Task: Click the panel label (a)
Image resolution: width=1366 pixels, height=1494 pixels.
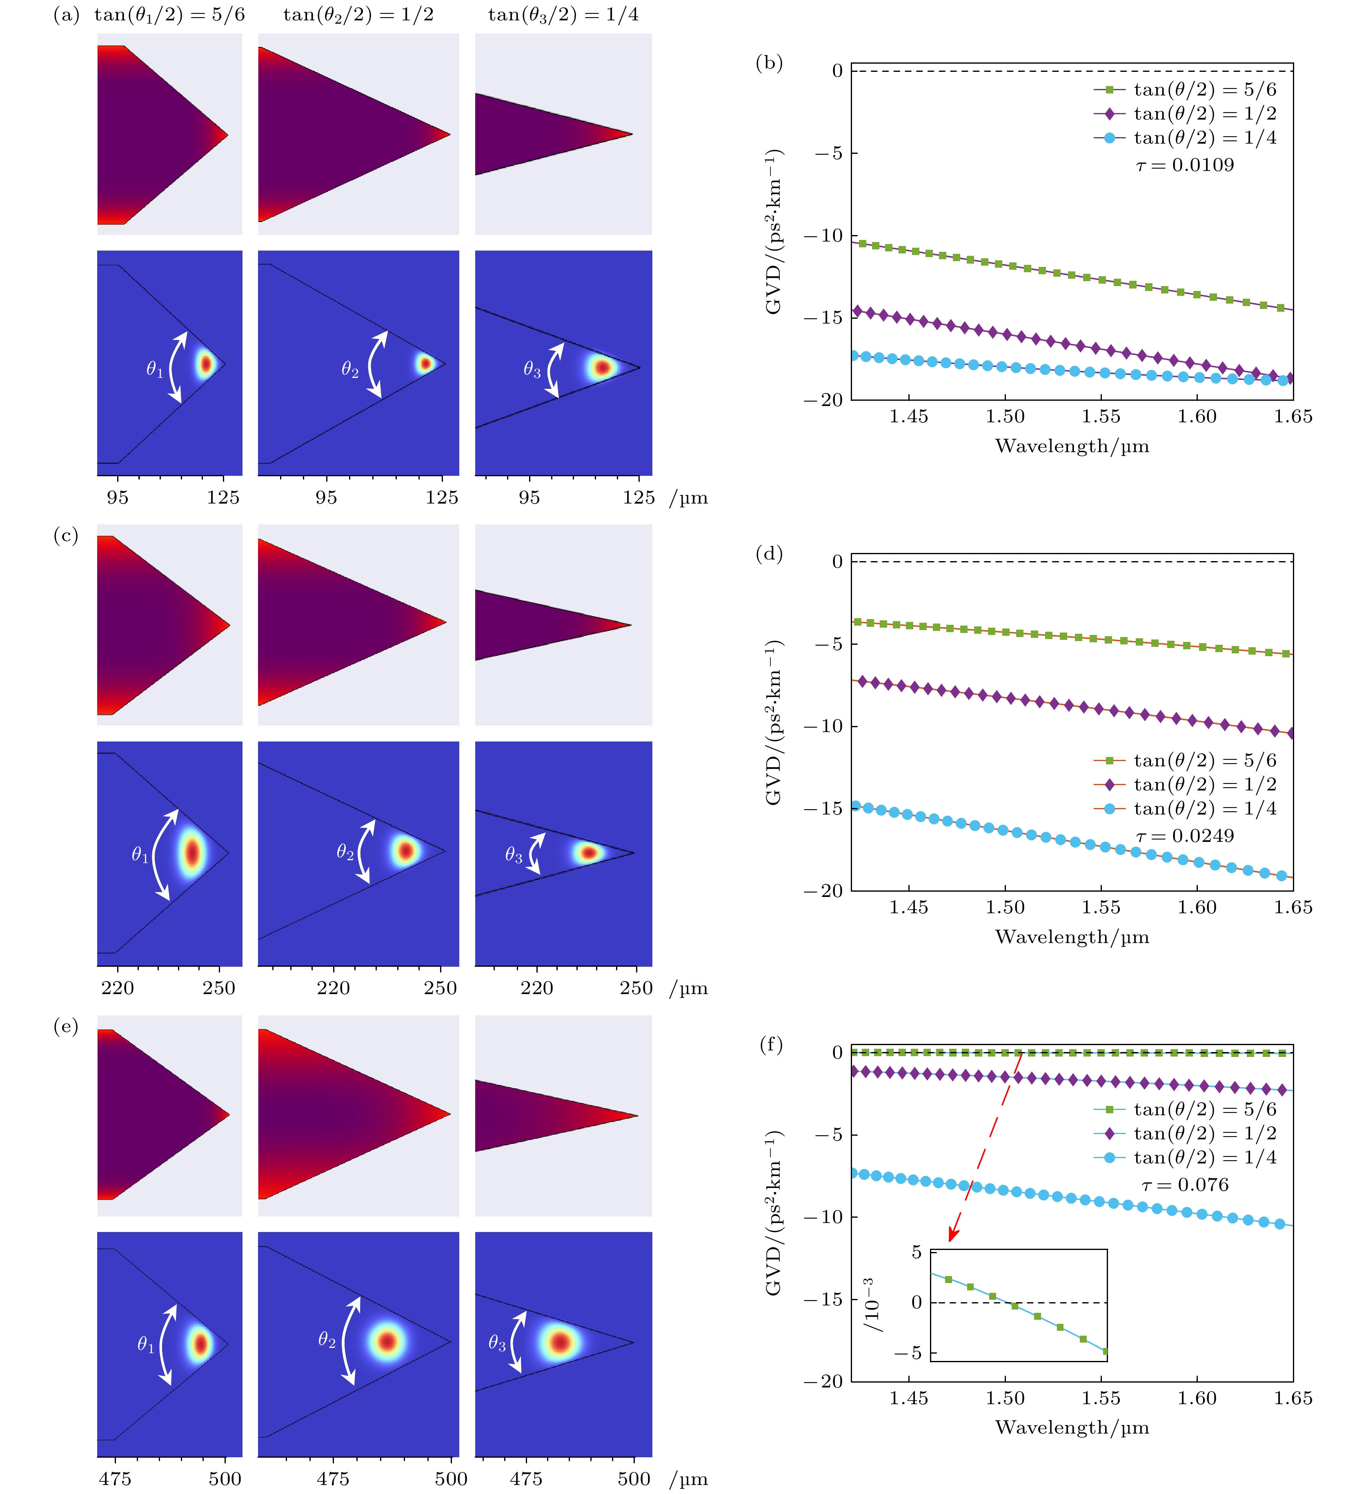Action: coord(66,15)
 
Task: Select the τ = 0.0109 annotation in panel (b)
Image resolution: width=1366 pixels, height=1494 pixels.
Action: coord(1184,165)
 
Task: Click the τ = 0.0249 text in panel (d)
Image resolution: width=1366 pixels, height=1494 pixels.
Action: coord(1184,836)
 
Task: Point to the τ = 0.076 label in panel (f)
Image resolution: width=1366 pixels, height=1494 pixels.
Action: coord(1184,1184)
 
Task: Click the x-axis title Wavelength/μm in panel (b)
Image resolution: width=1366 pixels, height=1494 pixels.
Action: coord(1072,446)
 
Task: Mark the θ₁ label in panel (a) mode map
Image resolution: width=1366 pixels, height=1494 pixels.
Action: coord(154,369)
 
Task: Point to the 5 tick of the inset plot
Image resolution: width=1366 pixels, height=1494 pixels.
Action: coord(916,1252)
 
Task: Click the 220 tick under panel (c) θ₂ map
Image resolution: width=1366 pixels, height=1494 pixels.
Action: coord(333,988)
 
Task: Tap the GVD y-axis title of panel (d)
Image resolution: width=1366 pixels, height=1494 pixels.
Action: coord(774,723)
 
